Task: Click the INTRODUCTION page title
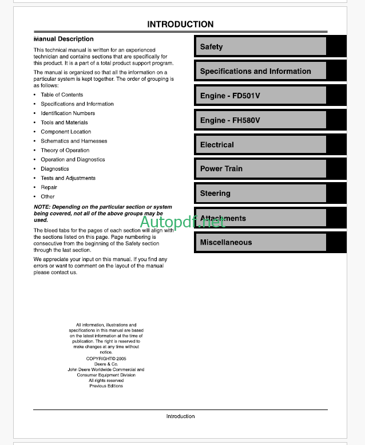pyautogui.click(x=180, y=25)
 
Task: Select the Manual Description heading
pyautogui.click(x=64, y=39)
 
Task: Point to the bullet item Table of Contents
pyautogui.click(x=62, y=95)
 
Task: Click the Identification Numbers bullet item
pyautogui.click(x=68, y=113)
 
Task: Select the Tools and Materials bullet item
pyautogui.click(x=64, y=123)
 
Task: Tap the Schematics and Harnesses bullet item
pyautogui.click(x=74, y=141)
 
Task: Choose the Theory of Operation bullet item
pyautogui.click(x=65, y=150)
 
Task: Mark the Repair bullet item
pyautogui.click(x=49, y=187)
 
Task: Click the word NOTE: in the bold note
pyautogui.click(x=42, y=207)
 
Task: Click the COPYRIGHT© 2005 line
pyautogui.click(x=106, y=359)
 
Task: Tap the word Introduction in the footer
pyautogui.click(x=180, y=416)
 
